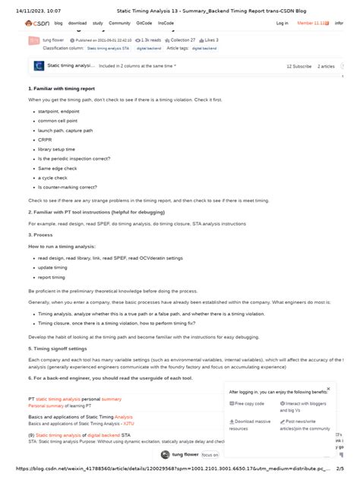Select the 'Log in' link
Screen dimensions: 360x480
[x=282, y=24]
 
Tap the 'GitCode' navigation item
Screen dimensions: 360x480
[x=144, y=24]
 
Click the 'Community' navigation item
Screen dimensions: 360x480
[x=119, y=24]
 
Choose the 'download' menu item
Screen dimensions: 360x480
[x=77, y=24]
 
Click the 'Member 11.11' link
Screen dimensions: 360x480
[x=313, y=24]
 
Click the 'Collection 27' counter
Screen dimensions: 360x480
[x=182, y=39]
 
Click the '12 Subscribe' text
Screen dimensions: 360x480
[x=299, y=66]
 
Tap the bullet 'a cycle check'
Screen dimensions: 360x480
[x=51, y=177]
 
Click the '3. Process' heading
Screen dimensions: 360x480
[x=41, y=235]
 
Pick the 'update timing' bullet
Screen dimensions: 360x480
[x=53, y=267]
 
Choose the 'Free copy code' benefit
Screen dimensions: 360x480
[x=248, y=403]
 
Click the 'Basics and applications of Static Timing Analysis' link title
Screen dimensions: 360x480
[x=80, y=417]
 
